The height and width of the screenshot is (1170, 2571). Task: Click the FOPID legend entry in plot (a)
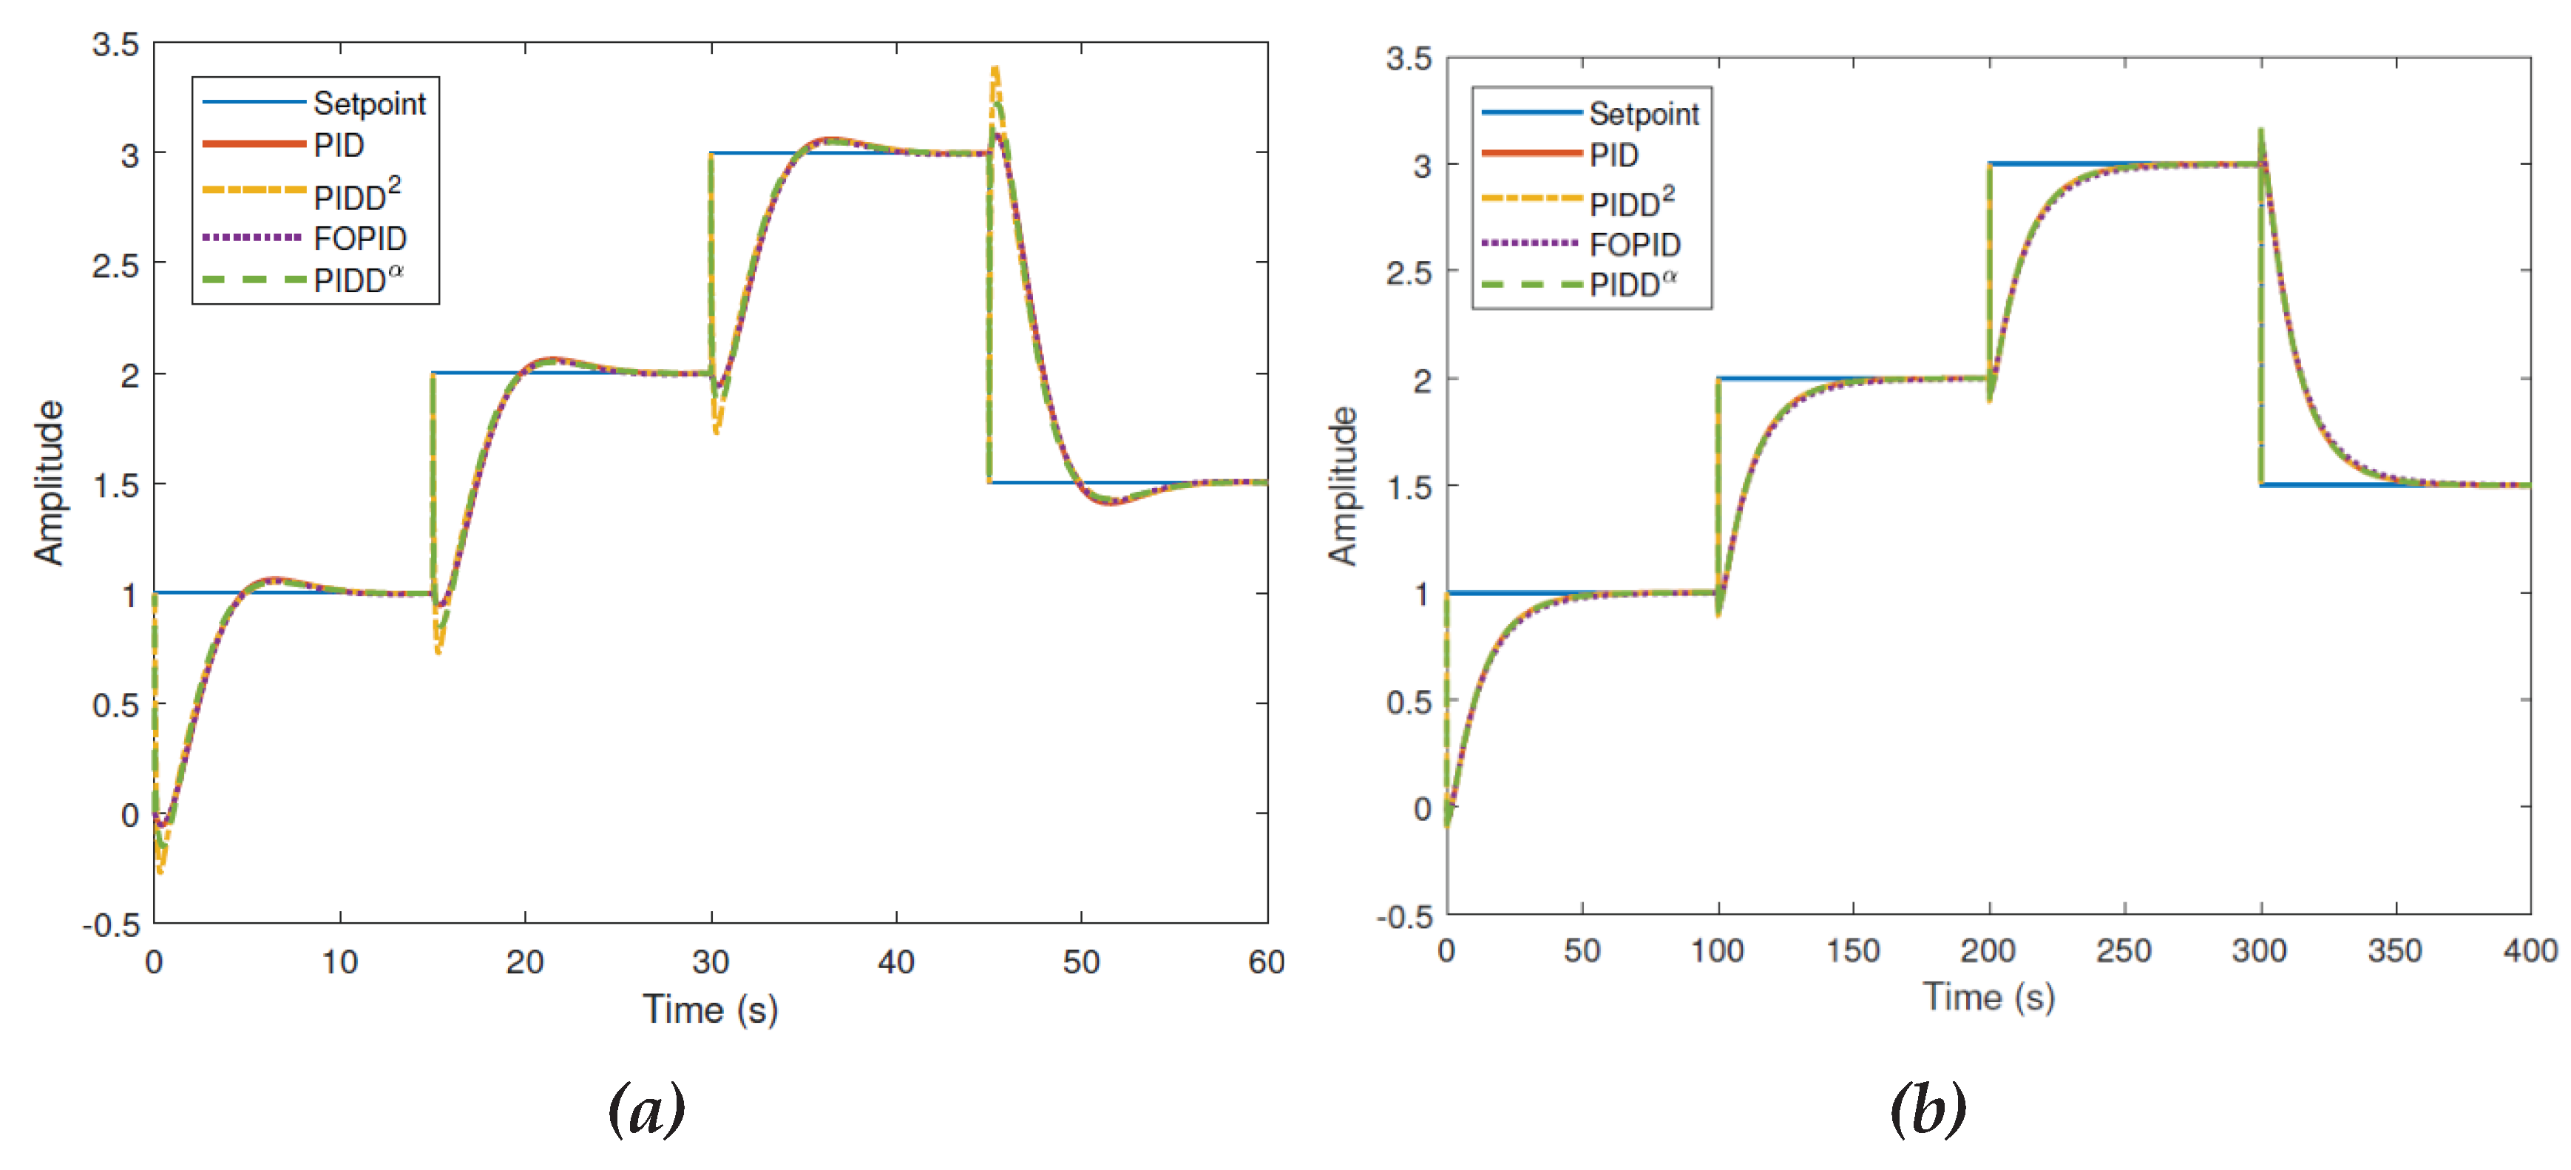[359, 239]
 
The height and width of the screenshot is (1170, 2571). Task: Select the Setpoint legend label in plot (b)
[1643, 114]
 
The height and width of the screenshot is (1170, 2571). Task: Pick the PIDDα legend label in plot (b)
[1632, 285]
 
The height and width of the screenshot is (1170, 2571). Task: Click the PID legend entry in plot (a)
[339, 146]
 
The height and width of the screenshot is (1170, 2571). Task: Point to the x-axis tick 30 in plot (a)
[711, 961]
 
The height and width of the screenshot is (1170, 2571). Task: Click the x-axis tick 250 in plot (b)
[2124, 950]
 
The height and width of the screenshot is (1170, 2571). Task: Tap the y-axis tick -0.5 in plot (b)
[1404, 916]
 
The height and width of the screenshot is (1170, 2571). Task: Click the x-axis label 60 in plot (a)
[1266, 961]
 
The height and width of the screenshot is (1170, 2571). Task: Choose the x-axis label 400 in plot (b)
[2529, 950]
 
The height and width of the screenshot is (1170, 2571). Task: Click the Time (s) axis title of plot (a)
[710, 1010]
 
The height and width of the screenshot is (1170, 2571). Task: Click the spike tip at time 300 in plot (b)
[2260, 129]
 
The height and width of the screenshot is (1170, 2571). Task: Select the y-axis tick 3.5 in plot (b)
[1409, 59]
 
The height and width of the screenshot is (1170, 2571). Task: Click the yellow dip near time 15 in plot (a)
[438, 651]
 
